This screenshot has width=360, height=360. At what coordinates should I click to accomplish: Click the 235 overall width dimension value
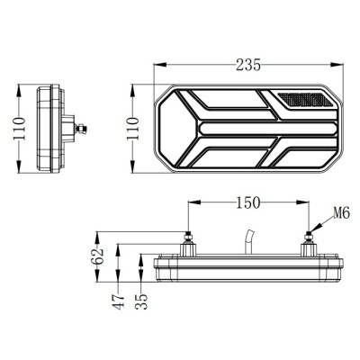click(248, 64)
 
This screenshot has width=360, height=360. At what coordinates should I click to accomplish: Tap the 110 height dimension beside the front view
click(133, 132)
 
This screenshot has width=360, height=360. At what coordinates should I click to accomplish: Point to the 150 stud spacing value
click(248, 202)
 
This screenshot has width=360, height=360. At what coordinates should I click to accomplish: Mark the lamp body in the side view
click(52, 132)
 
